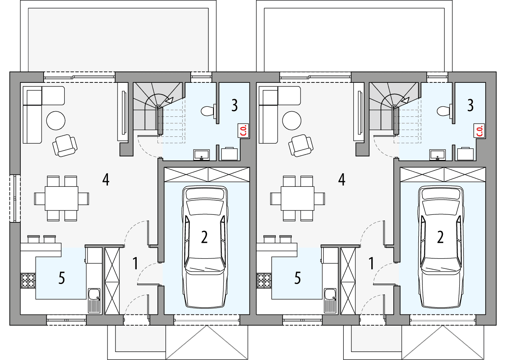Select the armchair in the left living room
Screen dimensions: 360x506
[65, 146]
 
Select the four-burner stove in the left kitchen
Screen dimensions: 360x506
[28, 280]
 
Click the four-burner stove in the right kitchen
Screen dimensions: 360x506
[264, 280]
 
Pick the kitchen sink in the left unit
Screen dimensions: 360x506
[95, 295]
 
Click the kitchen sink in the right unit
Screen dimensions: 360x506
[331, 295]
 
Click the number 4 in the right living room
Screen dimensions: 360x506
[341, 180]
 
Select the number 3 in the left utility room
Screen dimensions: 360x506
[234, 106]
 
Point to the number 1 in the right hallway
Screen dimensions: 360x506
[371, 264]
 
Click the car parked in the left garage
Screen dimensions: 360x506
[205, 247]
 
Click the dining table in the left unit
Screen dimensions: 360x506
[62, 198]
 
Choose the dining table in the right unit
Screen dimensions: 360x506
[297, 198]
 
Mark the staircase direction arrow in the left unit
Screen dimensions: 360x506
[169, 100]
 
